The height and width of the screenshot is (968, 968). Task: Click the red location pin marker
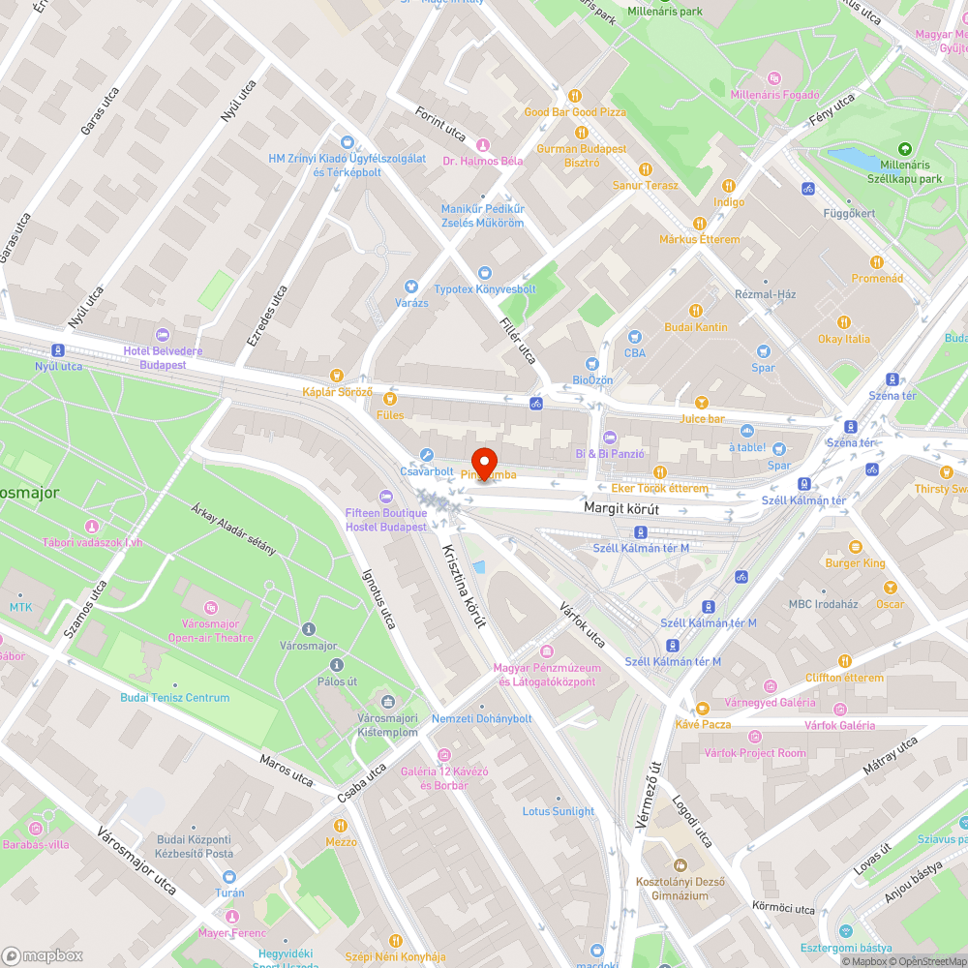(x=483, y=463)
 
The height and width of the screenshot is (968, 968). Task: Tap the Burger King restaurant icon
(x=854, y=547)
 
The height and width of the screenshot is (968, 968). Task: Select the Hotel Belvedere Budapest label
(x=163, y=357)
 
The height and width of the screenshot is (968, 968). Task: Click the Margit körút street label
(x=620, y=507)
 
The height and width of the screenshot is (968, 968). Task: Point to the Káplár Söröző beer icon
(x=337, y=375)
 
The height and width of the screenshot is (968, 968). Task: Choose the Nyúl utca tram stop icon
(x=59, y=350)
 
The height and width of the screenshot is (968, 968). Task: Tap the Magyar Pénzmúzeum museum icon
(x=547, y=651)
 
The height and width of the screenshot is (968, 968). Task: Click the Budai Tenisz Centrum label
(x=175, y=697)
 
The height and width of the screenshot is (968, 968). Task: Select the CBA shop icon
(x=635, y=337)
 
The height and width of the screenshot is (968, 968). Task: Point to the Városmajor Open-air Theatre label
(x=210, y=630)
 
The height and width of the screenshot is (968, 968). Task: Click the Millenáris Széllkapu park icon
(x=904, y=149)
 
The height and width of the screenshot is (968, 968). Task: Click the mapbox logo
(x=44, y=954)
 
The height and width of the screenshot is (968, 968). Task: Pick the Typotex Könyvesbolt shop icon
(x=485, y=273)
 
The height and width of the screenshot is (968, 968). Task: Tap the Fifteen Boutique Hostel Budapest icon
(x=385, y=497)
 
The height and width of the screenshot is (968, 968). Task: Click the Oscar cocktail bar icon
(x=890, y=588)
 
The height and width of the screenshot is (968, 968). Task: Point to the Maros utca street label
(x=287, y=770)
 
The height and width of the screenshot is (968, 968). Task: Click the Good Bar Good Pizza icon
(x=575, y=95)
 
